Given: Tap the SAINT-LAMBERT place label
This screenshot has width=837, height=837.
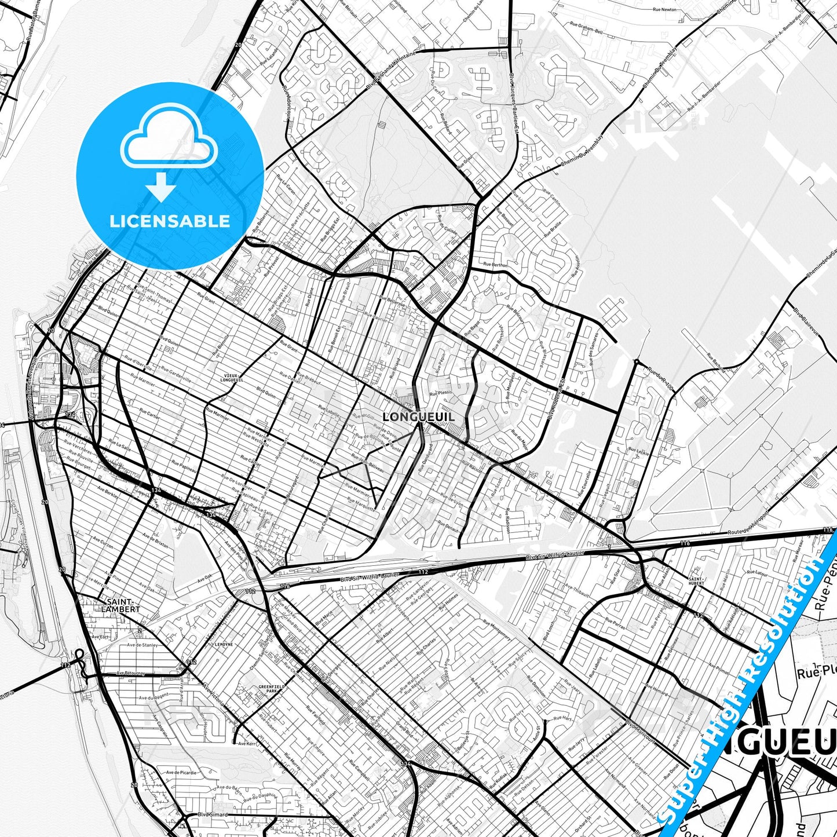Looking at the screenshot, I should pyautogui.click(x=120, y=605).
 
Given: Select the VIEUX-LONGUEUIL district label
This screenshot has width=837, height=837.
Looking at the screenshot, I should pyautogui.click(x=232, y=378).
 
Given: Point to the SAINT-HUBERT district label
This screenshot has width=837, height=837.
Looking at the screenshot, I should pyautogui.click(x=696, y=581).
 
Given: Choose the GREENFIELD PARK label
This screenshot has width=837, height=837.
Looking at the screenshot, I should pyautogui.click(x=269, y=689).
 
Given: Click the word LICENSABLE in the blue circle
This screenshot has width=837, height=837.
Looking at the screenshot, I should pyautogui.click(x=170, y=221).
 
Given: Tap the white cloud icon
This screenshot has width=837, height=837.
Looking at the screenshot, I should pyautogui.click(x=169, y=137).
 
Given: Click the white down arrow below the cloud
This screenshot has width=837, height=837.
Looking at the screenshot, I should pyautogui.click(x=161, y=187).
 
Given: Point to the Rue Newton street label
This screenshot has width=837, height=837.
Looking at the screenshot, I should pyautogui.click(x=664, y=10).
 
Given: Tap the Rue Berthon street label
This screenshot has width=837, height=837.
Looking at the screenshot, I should pyautogui.click(x=495, y=264).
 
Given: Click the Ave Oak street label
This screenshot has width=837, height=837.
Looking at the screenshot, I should pyautogui.click(x=204, y=578).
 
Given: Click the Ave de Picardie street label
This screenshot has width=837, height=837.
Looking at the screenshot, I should pyautogui.click(x=181, y=773).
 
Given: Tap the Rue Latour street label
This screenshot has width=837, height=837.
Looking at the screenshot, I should pyautogui.click(x=756, y=572).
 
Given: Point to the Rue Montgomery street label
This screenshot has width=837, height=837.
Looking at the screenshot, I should pyautogui.click(x=496, y=630).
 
